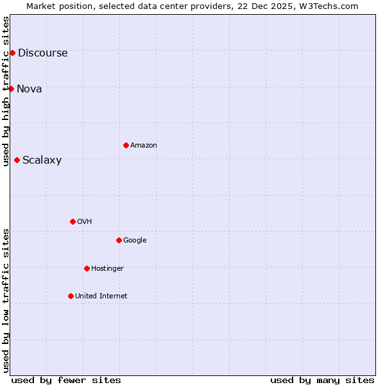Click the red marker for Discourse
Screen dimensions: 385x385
point(12,53)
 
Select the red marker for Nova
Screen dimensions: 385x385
point(11,89)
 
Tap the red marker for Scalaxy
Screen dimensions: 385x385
point(17,160)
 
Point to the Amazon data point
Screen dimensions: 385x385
point(126,145)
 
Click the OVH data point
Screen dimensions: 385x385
point(73,221)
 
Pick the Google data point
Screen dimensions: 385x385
point(119,240)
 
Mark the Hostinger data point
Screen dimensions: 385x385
point(87,268)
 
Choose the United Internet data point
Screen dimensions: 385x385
point(71,296)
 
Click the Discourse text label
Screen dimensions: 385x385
point(42,53)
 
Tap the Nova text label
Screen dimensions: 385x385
point(30,89)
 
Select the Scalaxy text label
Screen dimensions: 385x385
point(42,160)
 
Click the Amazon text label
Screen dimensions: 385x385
point(144,146)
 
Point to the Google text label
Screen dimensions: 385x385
point(135,241)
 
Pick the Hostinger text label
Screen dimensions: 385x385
point(107,268)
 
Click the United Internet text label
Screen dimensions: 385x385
point(101,296)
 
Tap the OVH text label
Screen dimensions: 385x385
point(84,222)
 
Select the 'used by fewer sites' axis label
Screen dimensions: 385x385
point(66,380)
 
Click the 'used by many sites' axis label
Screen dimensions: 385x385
point(322,380)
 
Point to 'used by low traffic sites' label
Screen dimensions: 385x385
point(6,300)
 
